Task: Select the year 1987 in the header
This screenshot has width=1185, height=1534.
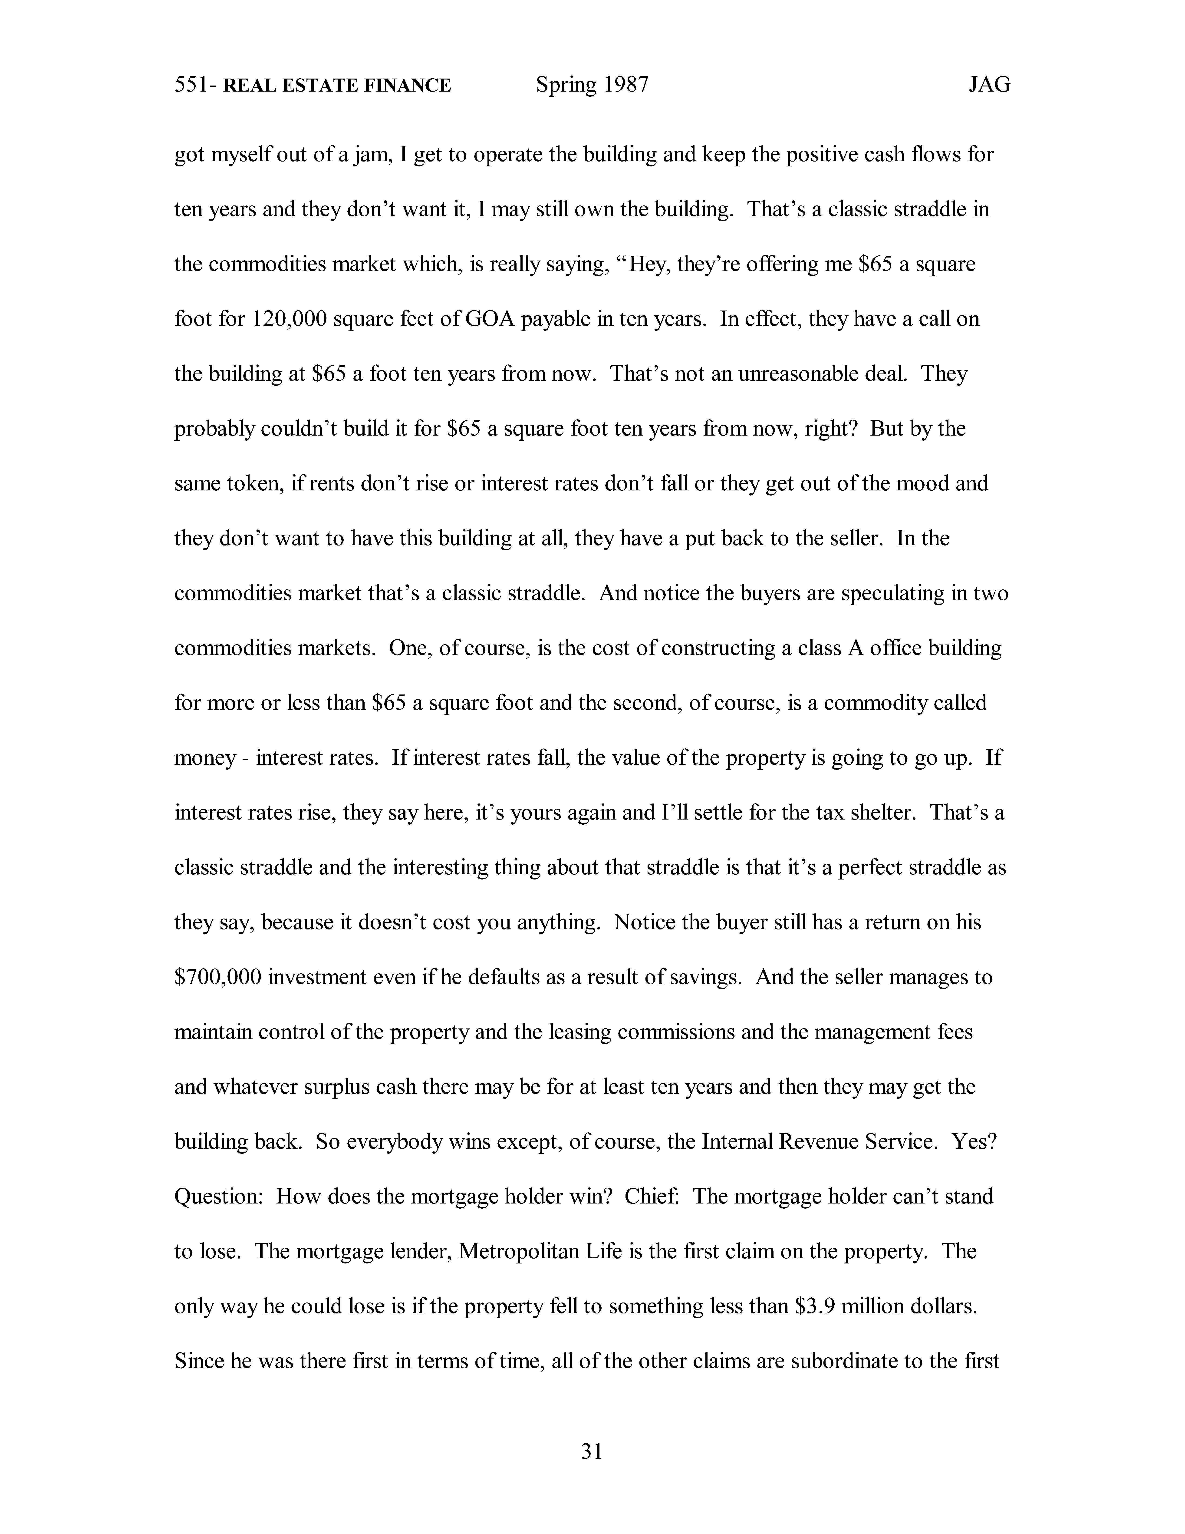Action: pos(624,85)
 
